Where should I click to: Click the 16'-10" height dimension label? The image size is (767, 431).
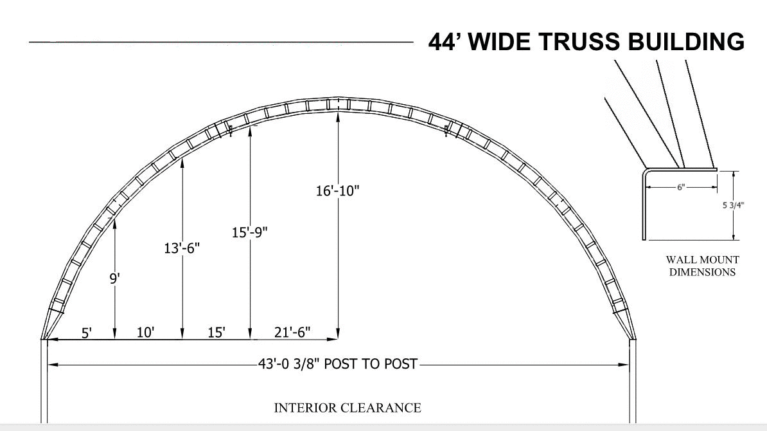[x=337, y=190]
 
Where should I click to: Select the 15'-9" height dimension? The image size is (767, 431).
[x=249, y=232]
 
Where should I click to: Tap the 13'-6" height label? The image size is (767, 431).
[x=182, y=248]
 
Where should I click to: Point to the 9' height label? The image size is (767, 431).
[x=114, y=279]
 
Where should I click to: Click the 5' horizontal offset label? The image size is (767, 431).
[x=87, y=333]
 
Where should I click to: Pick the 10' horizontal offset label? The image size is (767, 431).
[x=145, y=333]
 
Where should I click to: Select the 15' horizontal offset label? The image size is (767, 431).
[x=216, y=333]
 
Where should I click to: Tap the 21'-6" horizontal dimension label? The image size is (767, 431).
[x=292, y=333]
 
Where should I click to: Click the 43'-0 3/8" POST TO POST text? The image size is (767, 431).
[x=337, y=364]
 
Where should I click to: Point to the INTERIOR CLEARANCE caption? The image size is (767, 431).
[x=348, y=408]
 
